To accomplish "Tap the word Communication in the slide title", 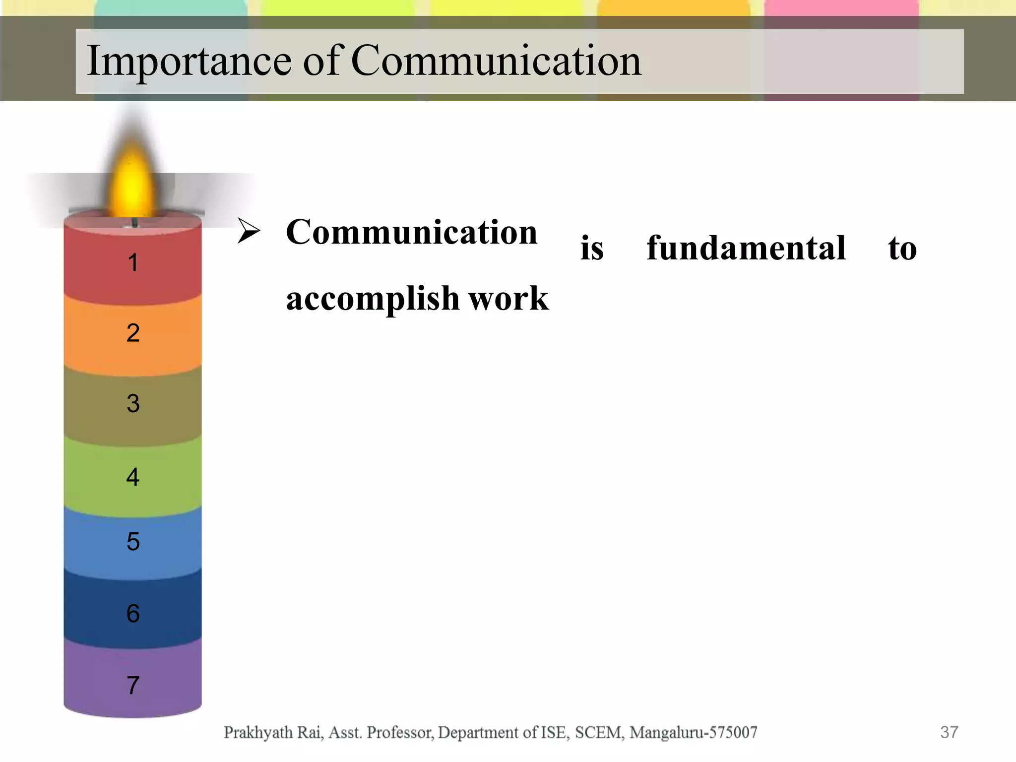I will click(x=496, y=61).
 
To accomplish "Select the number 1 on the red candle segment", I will click(x=132, y=262).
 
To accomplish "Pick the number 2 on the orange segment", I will click(x=133, y=333).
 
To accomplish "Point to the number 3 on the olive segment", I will click(x=133, y=403).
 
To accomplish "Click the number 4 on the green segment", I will click(x=132, y=477).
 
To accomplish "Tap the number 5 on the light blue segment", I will click(x=133, y=541).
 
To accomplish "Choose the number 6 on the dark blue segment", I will click(x=133, y=614).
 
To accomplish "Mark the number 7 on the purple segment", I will click(x=132, y=685).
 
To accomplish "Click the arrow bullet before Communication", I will click(x=249, y=231).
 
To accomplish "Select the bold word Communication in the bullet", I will click(x=412, y=232).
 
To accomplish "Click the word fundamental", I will click(x=746, y=248).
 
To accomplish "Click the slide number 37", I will click(x=949, y=732).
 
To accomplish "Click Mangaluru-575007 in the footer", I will click(x=694, y=732).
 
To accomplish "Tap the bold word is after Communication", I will click(x=592, y=248).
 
